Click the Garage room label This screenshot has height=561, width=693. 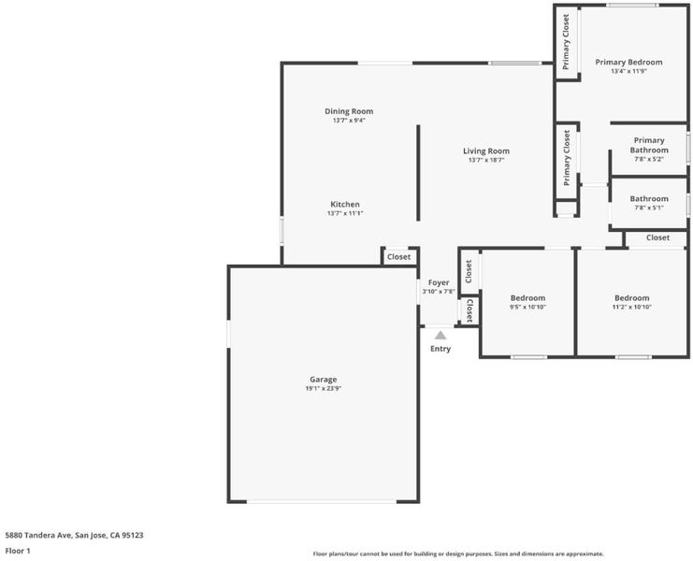tap(323, 379)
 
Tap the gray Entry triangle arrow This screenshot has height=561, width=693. tap(440, 336)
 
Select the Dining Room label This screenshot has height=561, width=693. tap(349, 111)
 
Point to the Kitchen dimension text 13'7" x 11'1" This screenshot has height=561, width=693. tap(345, 213)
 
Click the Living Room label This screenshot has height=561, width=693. tap(486, 151)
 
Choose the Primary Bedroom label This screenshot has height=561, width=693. tap(628, 63)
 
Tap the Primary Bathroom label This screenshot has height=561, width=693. tap(649, 145)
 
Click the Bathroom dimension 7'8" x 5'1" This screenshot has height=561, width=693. tap(649, 208)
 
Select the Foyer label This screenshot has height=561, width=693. tap(439, 282)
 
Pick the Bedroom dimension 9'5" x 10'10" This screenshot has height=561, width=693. tap(527, 307)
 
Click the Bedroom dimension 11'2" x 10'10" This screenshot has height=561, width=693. tap(632, 307)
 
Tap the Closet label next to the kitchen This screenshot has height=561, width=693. tap(398, 256)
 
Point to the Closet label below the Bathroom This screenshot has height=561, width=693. tap(657, 237)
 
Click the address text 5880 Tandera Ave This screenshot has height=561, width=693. tap(38, 536)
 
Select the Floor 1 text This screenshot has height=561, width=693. tap(18, 551)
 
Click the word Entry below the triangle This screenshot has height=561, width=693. tap(440, 349)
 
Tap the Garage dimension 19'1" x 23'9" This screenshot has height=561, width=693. tap(323, 389)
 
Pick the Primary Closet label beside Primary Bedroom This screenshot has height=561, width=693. tap(566, 42)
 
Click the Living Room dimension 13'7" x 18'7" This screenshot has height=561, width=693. tap(486, 160)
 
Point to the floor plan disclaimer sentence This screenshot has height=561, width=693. tap(458, 554)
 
